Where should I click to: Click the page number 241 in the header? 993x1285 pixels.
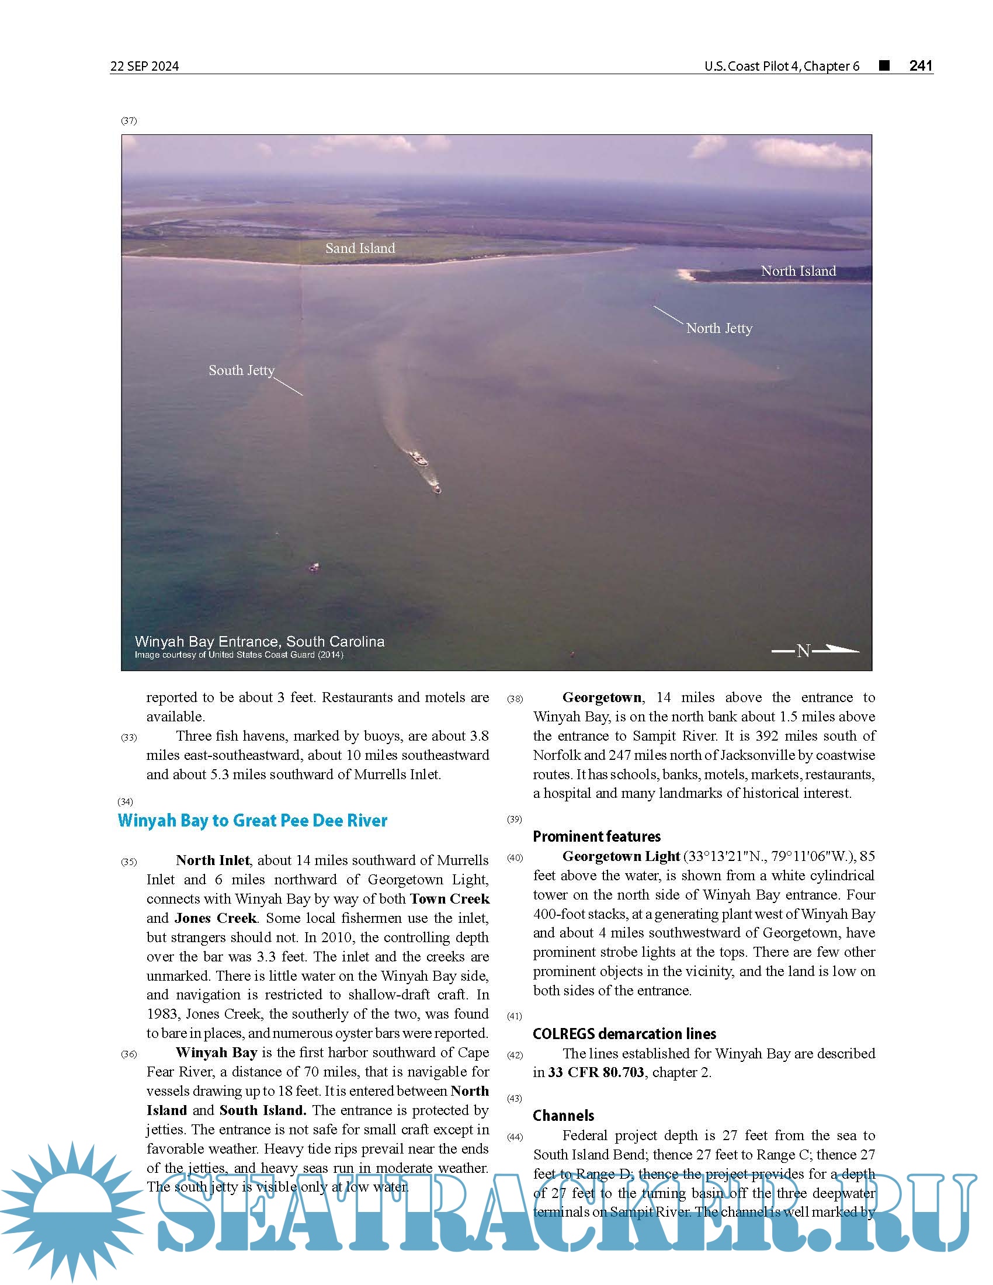click(921, 65)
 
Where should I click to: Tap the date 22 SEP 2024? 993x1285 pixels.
click(144, 66)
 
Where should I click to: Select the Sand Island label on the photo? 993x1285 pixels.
click(360, 248)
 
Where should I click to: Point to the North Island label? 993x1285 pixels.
click(798, 271)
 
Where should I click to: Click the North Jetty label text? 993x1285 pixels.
click(719, 328)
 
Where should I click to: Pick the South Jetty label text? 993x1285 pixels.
click(241, 370)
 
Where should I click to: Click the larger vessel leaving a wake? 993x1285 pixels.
click(418, 458)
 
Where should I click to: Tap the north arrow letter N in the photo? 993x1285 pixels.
click(803, 651)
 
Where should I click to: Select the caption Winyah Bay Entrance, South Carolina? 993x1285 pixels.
click(259, 641)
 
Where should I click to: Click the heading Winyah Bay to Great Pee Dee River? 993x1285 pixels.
click(252, 820)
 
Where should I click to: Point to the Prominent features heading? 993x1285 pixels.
click(596, 836)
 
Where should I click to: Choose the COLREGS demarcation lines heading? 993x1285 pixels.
click(624, 1034)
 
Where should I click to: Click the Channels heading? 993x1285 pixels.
click(563, 1116)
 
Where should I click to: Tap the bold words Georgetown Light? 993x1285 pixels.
click(620, 856)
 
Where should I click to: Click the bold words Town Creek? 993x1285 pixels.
click(449, 898)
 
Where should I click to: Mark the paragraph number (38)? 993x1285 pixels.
click(515, 699)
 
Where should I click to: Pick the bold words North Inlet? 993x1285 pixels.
click(213, 860)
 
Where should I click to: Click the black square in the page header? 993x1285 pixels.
click(884, 65)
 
